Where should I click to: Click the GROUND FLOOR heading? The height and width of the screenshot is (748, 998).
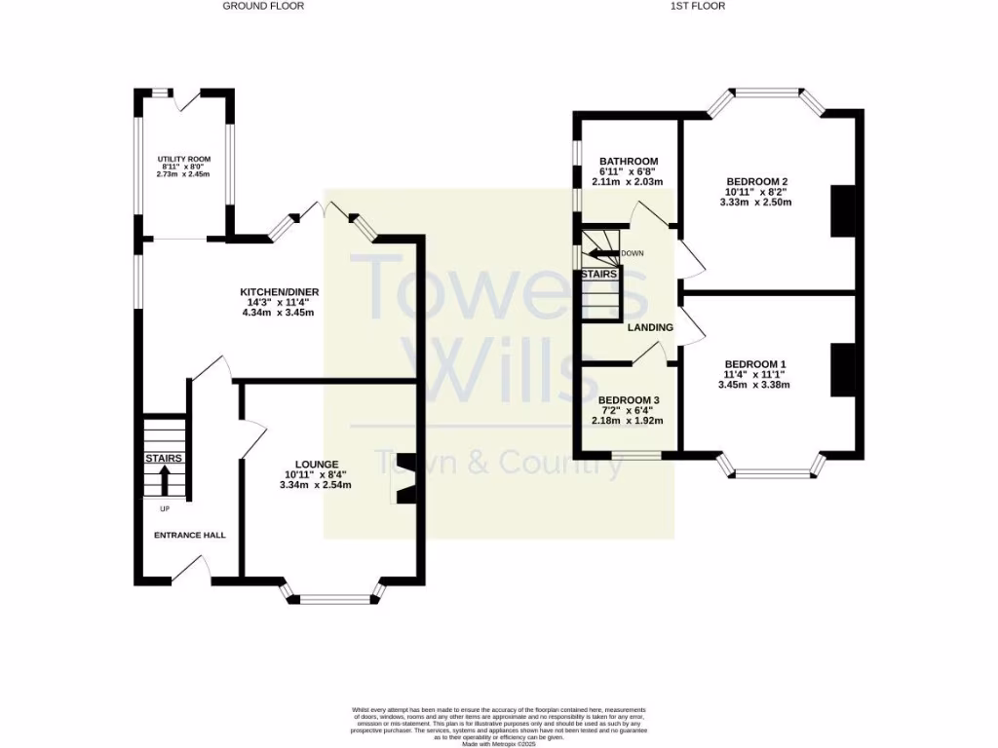(263, 6)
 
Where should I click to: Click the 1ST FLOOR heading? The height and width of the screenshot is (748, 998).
(698, 6)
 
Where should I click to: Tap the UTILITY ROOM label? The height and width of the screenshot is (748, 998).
(185, 159)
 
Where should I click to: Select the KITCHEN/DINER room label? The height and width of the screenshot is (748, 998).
(280, 291)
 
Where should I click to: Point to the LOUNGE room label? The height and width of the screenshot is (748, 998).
(318, 464)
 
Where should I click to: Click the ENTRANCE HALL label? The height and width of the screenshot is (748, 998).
(189, 535)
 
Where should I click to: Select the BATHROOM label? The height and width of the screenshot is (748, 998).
(629, 162)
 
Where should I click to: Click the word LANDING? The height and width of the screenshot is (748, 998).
(650, 327)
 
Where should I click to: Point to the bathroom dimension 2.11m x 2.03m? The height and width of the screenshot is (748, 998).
(628, 182)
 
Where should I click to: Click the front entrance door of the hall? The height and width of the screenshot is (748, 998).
(194, 572)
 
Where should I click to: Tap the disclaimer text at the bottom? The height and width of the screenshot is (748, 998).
(499, 727)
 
